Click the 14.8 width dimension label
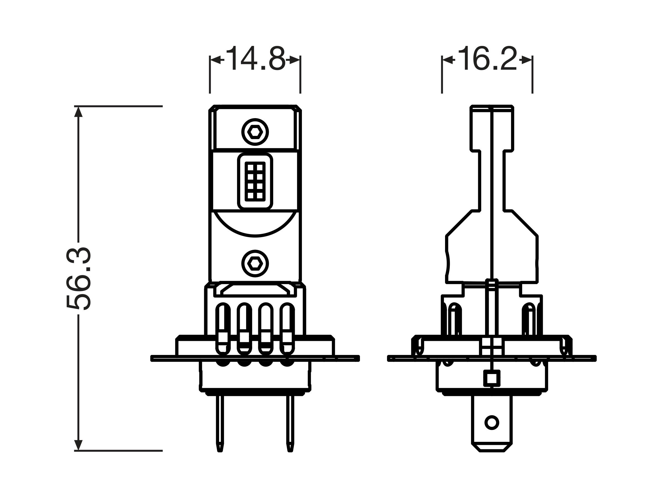pyautogui.click(x=256, y=59)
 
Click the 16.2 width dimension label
pyautogui.click(x=488, y=59)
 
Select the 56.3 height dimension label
pyautogui.click(x=78, y=279)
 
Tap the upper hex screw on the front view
pyautogui.click(x=255, y=132)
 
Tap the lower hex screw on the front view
pyautogui.click(x=255, y=264)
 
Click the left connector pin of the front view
pyautogui.click(x=220, y=424)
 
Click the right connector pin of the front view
pyautogui.click(x=290, y=424)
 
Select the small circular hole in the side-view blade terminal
pyautogui.click(x=491, y=423)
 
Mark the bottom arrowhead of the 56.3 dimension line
pyautogui.click(x=78, y=445)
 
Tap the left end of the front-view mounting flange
pyautogui.click(x=152, y=358)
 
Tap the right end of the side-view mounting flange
pyautogui.click(x=595, y=358)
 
